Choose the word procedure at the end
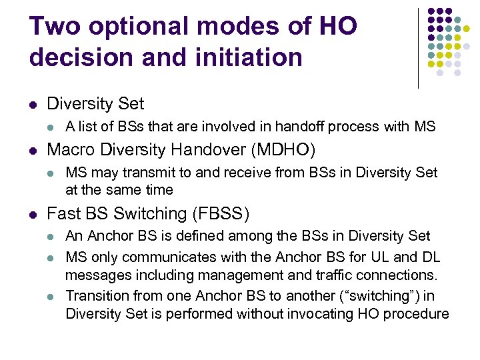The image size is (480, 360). (x=420, y=314)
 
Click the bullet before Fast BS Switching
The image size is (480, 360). (x=33, y=214)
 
